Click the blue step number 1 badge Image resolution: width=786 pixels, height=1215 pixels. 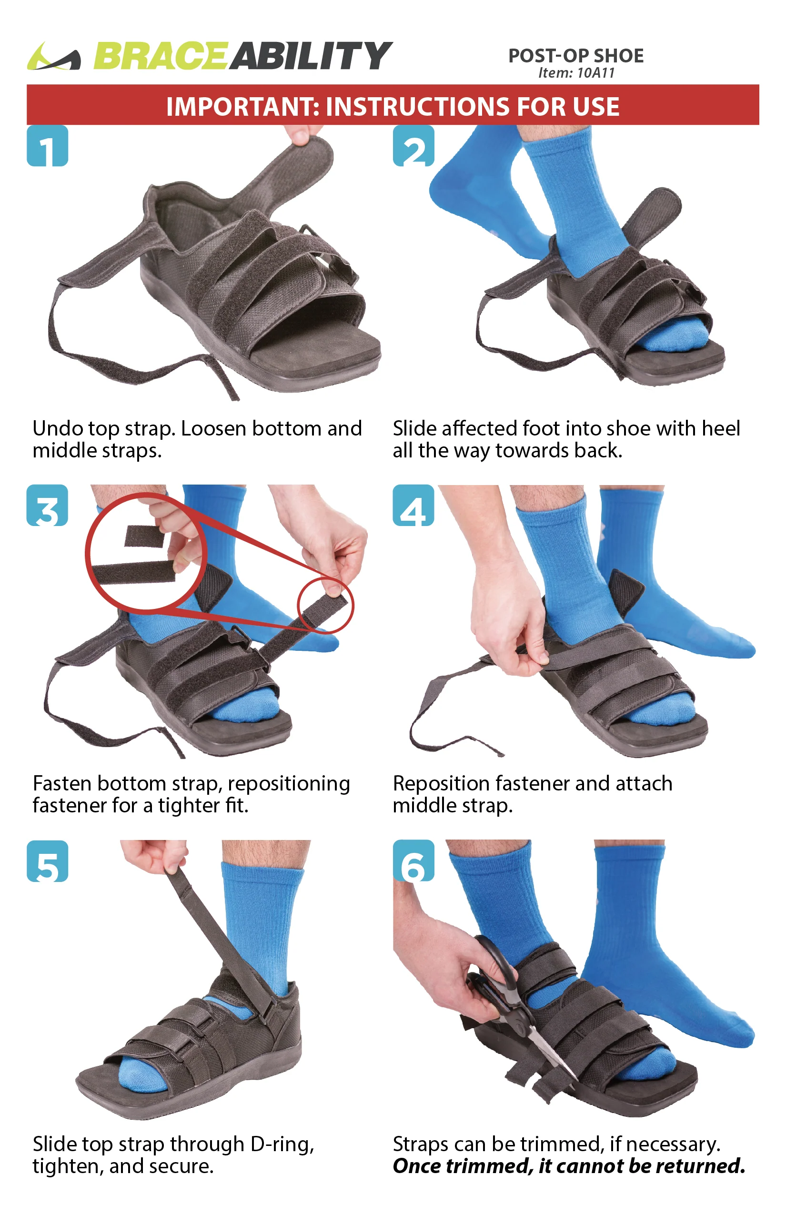click(x=48, y=145)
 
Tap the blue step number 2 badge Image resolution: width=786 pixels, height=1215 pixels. click(x=413, y=145)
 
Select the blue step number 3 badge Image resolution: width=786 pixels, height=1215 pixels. click(x=48, y=505)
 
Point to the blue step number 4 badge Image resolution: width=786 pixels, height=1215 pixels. click(x=413, y=505)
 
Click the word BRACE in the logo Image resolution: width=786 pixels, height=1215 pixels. click(x=160, y=56)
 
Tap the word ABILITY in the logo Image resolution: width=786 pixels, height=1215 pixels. click(x=310, y=56)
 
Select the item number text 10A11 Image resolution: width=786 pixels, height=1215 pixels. click(x=595, y=73)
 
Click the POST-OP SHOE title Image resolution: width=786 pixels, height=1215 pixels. click(x=576, y=56)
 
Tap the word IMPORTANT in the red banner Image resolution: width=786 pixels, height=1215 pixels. click(x=243, y=107)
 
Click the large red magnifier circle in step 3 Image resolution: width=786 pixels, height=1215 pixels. click(x=86, y=552)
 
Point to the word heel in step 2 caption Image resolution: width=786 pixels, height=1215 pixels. click(x=721, y=428)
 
